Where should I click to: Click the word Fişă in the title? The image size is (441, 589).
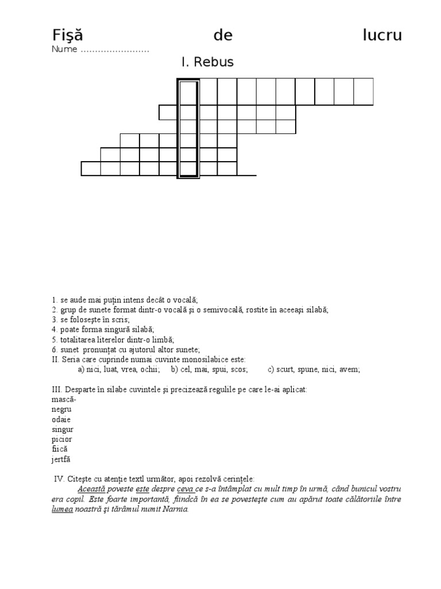click(68, 36)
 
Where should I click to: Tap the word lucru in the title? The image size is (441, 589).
click(382, 36)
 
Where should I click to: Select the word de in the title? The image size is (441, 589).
click(223, 36)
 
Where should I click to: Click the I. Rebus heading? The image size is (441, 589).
click(207, 62)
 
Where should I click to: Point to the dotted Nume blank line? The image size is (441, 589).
click(115, 50)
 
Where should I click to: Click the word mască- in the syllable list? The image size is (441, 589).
click(64, 399)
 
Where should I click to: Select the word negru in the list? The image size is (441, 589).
click(61, 409)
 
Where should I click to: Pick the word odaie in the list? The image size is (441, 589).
click(61, 419)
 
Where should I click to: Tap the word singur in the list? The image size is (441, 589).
click(63, 429)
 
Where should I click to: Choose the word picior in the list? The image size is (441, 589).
click(62, 439)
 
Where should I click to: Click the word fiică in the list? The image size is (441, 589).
click(60, 449)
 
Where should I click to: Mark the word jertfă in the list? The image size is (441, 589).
click(61, 459)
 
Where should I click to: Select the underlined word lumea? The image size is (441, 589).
click(62, 509)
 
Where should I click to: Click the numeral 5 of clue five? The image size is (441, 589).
click(53, 339)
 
